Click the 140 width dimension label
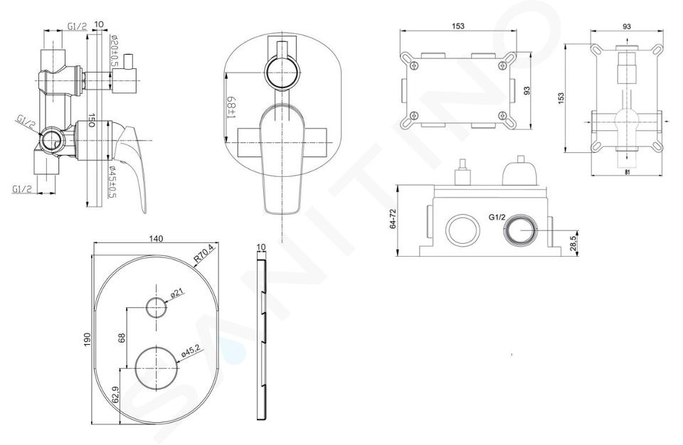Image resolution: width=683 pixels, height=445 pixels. (156, 239)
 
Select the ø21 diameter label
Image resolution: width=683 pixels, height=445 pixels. (176, 294)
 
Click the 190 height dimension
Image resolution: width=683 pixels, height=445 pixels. (87, 339)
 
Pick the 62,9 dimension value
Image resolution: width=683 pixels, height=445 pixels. (115, 395)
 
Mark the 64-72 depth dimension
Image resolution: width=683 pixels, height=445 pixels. (393, 220)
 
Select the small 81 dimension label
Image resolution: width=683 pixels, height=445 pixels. (626, 172)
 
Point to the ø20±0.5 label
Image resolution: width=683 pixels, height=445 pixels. (114, 51)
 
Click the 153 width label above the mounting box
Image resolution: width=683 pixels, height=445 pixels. (457, 26)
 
